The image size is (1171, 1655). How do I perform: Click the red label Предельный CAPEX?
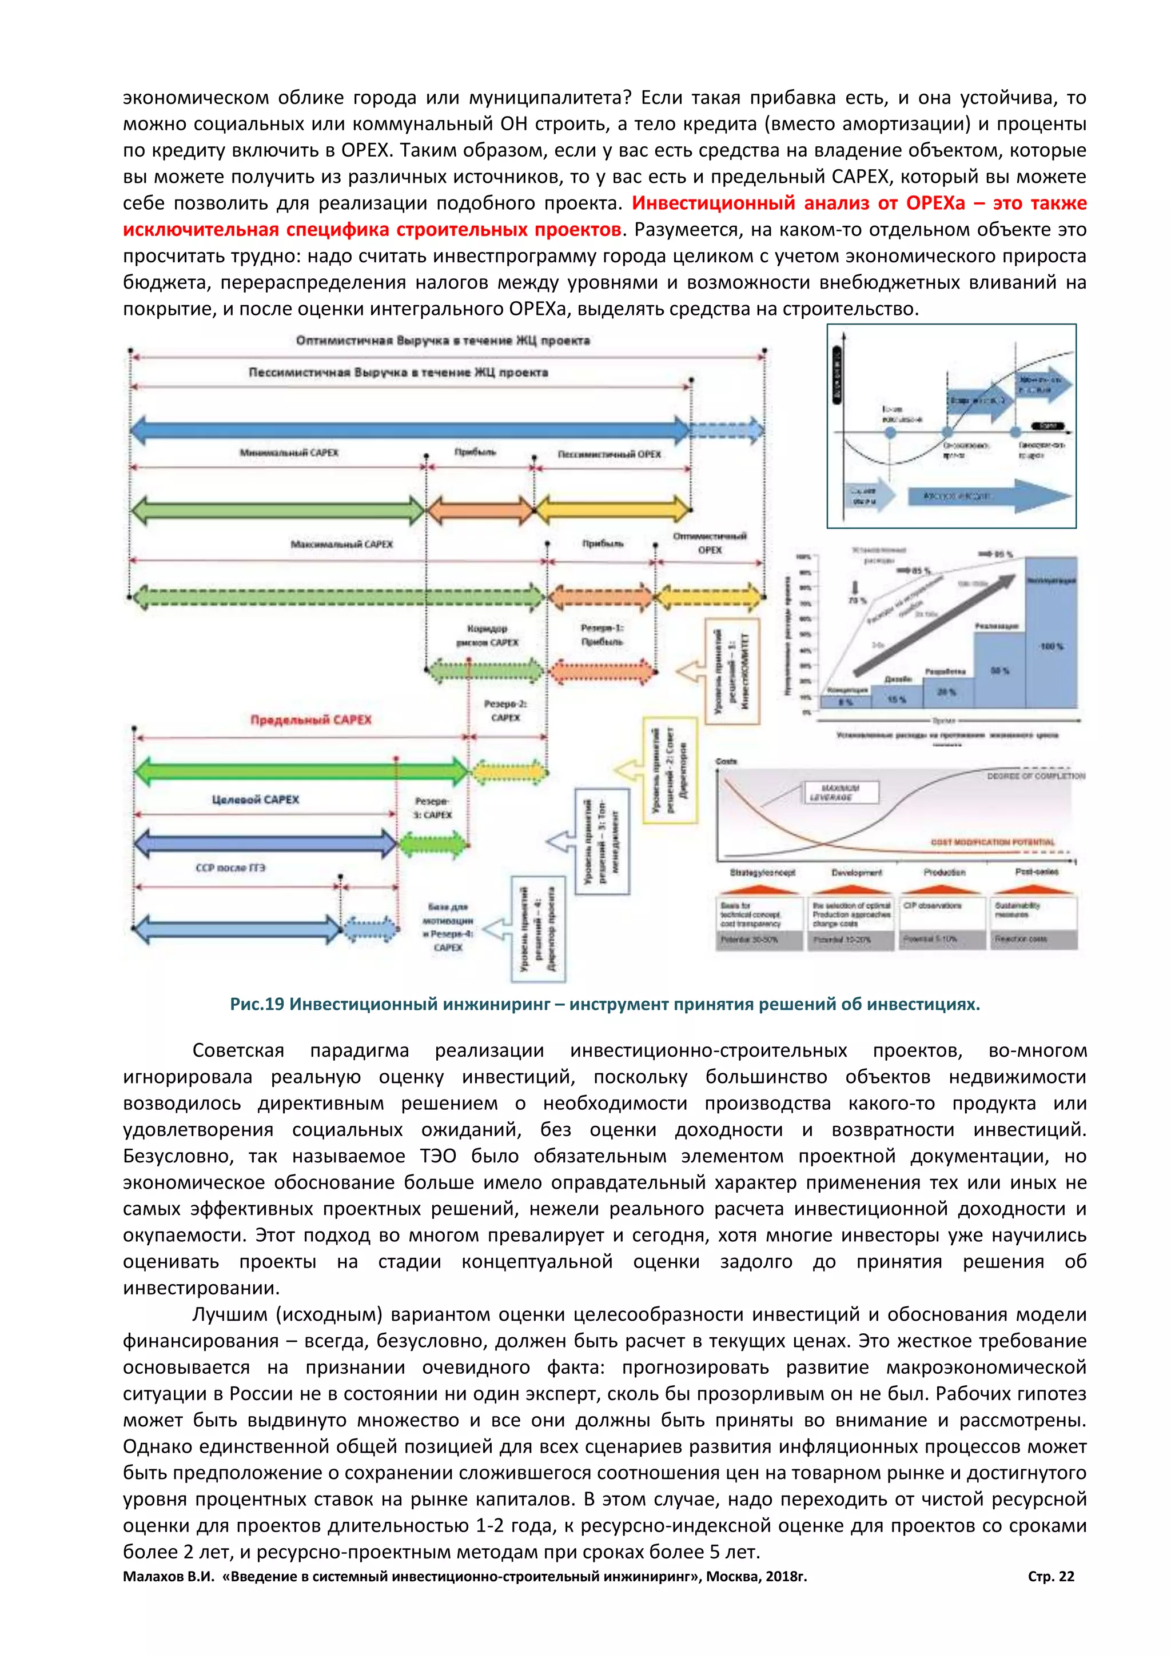311,719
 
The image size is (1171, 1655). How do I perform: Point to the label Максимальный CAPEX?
342,544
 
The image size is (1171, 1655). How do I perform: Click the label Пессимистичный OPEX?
610,454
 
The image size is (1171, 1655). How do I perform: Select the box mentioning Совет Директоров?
670,770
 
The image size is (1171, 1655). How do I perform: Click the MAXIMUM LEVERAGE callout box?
841,793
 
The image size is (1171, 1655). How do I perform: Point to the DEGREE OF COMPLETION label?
1035,776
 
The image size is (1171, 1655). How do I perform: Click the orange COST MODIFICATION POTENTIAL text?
992,842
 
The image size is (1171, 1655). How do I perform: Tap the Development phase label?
857,872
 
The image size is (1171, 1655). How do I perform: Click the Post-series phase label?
1037,872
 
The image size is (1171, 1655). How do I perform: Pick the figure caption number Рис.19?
257,1004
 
